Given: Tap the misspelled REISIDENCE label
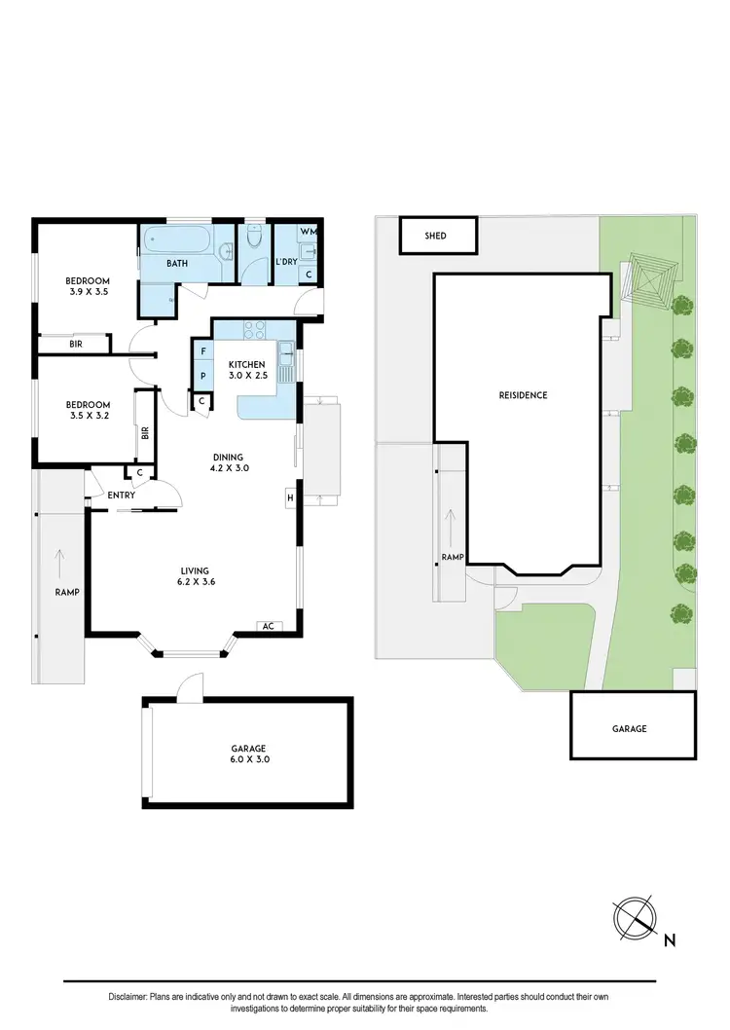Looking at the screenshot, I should click(523, 395).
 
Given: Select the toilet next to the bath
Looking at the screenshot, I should click(255, 238).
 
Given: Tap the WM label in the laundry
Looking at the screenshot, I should click(308, 232).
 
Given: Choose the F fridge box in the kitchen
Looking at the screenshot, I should click(203, 350).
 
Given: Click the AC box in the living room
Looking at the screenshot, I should click(267, 626).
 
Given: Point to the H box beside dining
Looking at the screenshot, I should click(290, 498).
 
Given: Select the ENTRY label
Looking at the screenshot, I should click(122, 496).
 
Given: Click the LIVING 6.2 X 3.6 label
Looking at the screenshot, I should click(195, 577).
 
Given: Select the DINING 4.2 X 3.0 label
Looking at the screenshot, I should click(230, 462).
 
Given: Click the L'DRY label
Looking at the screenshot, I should click(285, 263).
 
